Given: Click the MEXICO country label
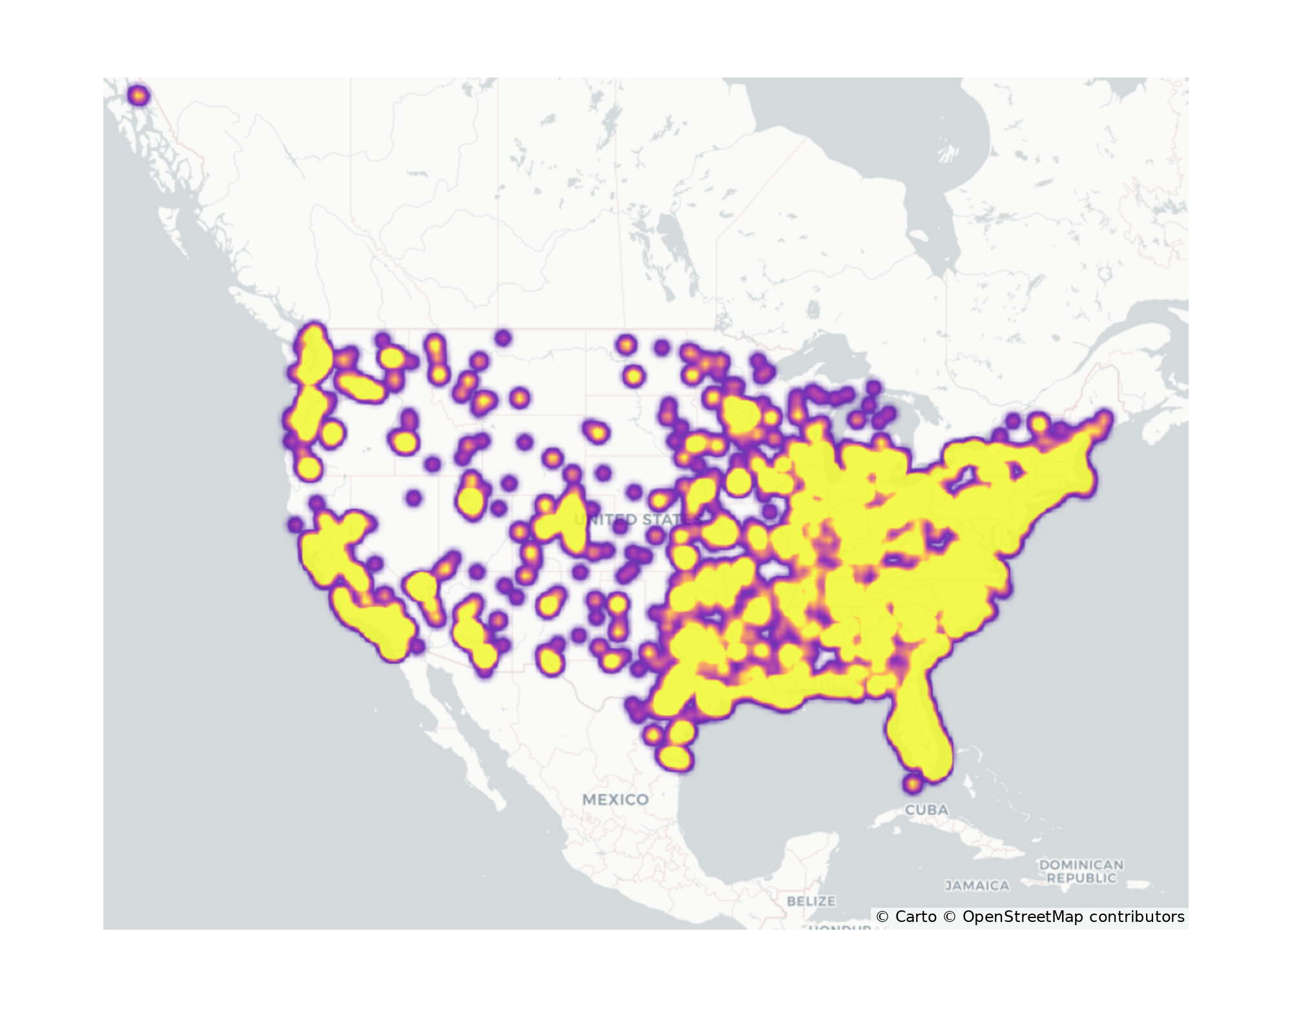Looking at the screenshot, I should (615, 799).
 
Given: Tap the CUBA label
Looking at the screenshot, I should (926, 810).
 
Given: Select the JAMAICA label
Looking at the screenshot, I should (977, 886).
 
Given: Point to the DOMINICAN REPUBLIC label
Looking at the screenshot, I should (1081, 871).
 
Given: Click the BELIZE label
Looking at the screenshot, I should (811, 901).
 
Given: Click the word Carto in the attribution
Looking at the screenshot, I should (915, 917).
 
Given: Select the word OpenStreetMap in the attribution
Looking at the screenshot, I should (1023, 917).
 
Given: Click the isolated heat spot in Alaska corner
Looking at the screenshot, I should (138, 96).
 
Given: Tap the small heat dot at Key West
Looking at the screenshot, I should (912, 784).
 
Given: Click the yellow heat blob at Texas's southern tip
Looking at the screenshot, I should (674, 757).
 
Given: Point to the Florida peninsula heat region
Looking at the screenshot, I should (917, 736).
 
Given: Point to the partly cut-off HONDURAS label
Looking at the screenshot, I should (840, 927).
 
